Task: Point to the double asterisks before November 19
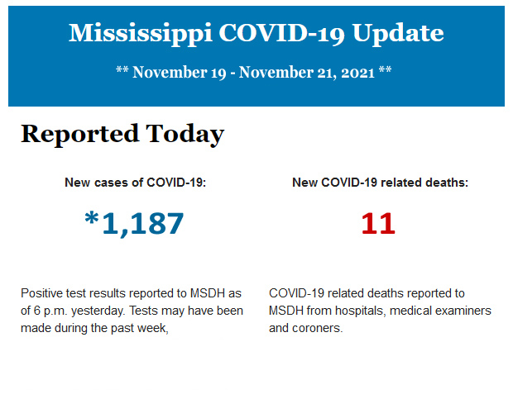tap(122, 72)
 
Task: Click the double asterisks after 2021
tap(386, 72)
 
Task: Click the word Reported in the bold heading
tap(79, 134)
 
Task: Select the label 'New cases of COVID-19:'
tap(135, 183)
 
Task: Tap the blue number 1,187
tap(142, 223)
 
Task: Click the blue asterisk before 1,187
tap(91, 220)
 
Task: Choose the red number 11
tap(378, 223)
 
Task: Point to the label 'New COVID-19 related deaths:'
tap(380, 183)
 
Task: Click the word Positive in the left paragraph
tap(42, 293)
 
